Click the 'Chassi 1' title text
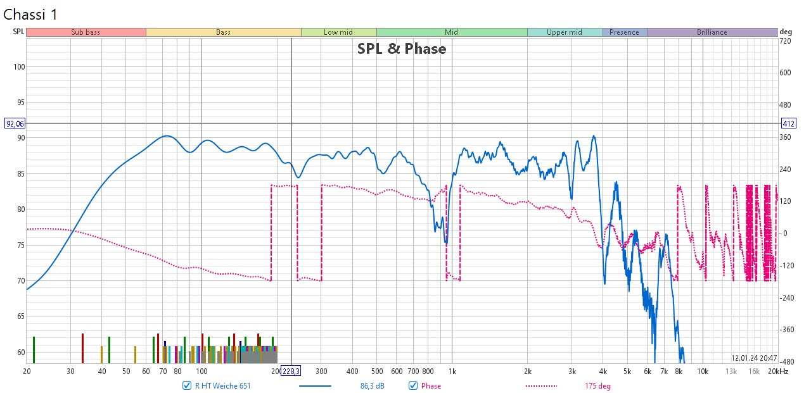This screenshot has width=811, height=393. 30,15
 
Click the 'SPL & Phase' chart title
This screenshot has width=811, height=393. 402,49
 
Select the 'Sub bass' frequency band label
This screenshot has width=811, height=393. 86,32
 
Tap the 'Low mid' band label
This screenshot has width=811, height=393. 338,32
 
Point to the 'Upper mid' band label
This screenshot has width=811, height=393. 564,32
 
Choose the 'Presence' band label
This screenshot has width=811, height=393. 624,32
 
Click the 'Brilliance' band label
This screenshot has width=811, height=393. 712,32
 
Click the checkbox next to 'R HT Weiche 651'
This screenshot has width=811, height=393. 187,385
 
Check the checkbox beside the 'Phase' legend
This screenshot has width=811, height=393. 413,385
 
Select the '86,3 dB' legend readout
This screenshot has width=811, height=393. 368,385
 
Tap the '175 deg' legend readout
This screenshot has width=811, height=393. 597,385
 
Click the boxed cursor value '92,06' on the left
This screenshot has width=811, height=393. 13,123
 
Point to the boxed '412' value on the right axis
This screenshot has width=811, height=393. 788,123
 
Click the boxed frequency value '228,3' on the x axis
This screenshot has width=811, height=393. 291,371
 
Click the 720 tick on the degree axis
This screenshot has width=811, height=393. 786,41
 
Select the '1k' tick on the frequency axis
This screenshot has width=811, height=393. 452,371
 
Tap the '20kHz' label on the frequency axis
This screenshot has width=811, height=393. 777,371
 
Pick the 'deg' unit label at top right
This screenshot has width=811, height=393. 786,32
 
